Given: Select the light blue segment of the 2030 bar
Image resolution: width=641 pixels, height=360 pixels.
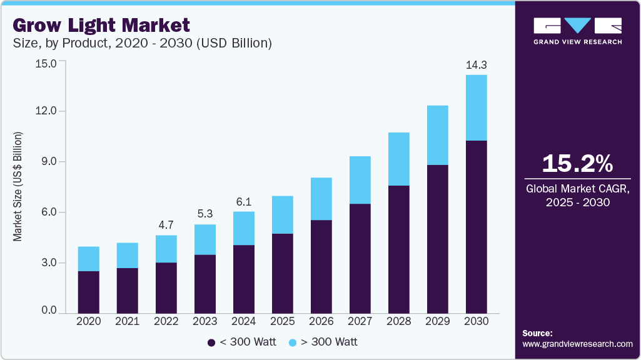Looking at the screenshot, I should [x=476, y=107].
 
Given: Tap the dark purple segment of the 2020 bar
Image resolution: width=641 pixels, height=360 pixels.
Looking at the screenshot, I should [x=89, y=292].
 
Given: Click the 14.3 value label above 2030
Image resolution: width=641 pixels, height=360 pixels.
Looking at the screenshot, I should [x=476, y=64].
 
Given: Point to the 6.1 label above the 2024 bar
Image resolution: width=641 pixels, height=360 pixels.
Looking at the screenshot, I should [x=244, y=201].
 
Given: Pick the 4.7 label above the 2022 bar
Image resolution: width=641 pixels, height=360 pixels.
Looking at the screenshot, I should [x=166, y=225].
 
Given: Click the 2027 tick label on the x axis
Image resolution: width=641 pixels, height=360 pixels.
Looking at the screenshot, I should [x=360, y=321].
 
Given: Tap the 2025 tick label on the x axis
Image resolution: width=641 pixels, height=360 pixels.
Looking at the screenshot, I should [x=283, y=321].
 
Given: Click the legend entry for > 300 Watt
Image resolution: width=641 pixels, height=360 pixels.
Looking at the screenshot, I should [x=323, y=342].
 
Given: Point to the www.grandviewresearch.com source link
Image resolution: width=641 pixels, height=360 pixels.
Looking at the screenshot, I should [x=577, y=344].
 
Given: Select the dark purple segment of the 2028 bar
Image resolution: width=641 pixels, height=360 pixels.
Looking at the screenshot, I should [x=399, y=249].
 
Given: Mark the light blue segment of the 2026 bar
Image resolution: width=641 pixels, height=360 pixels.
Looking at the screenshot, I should [x=321, y=199].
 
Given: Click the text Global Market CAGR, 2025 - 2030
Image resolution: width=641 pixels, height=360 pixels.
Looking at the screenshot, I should [x=577, y=195].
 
